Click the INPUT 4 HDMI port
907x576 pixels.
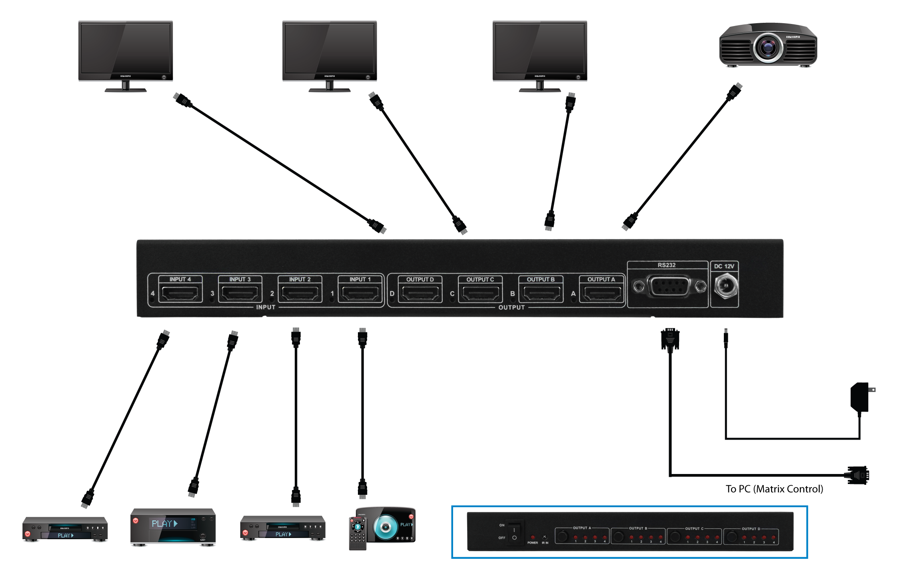(x=180, y=294)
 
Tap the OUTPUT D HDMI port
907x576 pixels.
(x=420, y=294)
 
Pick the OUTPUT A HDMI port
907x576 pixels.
(x=601, y=294)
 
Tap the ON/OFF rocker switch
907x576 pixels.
(x=514, y=532)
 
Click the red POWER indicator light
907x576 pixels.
(x=532, y=537)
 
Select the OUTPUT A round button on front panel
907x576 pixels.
(x=563, y=536)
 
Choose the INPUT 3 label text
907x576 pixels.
(x=240, y=279)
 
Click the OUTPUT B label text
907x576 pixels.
(x=541, y=279)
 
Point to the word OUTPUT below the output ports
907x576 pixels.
(x=511, y=307)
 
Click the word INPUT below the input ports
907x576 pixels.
(x=266, y=307)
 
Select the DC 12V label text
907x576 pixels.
(x=724, y=266)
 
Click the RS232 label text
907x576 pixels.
(x=667, y=265)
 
